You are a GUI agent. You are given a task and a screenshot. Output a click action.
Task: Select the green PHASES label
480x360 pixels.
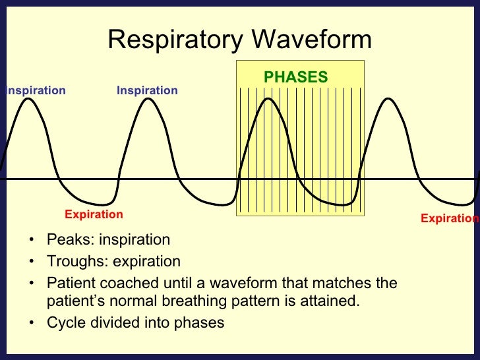coord(295,77)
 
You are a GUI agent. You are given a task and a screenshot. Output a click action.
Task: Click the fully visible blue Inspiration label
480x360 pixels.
coord(147,90)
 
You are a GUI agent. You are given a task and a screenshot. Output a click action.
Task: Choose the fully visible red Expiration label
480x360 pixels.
coord(94,214)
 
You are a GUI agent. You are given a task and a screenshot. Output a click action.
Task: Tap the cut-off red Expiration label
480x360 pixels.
coord(450,218)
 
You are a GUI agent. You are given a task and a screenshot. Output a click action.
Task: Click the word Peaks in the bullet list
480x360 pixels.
coord(66,239)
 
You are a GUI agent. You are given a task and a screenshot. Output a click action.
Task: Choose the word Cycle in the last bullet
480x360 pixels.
coord(65,323)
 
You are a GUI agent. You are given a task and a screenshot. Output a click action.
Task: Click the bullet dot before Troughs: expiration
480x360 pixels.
coord(32,262)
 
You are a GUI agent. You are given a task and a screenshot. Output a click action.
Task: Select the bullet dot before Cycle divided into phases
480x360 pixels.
coord(32,324)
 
